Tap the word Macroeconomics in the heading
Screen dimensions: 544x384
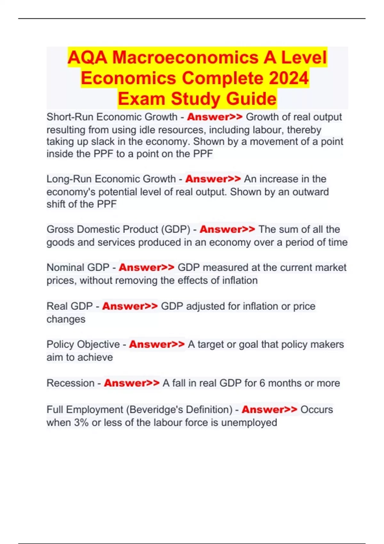tap(185, 58)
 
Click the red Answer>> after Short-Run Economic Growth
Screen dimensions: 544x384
tap(215, 117)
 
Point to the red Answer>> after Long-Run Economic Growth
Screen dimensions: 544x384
tap(213, 179)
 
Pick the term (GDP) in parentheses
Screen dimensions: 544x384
tap(176, 229)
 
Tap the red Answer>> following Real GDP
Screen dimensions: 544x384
tap(130, 306)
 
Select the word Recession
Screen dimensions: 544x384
tap(70, 383)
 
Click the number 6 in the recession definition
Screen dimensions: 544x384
tap(262, 383)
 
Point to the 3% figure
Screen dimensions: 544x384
tap(81, 423)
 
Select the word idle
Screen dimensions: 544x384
tap(149, 130)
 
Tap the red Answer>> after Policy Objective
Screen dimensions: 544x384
tap(157, 344)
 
